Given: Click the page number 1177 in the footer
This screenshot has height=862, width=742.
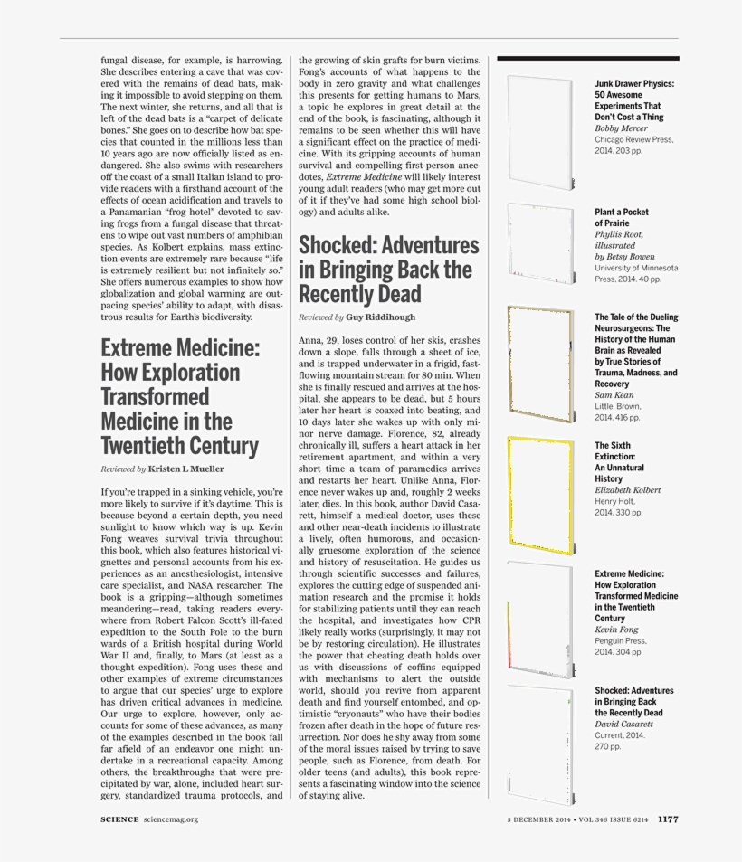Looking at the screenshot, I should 668,819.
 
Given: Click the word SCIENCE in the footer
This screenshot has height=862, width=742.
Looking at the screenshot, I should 119,819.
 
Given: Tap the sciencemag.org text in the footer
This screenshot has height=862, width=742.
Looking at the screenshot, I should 170,819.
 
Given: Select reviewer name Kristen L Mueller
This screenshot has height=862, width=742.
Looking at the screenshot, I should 185,469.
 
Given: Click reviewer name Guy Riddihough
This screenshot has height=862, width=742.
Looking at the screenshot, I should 381,318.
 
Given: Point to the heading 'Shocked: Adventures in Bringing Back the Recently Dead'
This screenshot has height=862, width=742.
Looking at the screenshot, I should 389,270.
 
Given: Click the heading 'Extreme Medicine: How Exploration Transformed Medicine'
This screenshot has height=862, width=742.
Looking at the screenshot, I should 180,397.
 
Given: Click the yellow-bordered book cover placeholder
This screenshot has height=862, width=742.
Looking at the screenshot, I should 540,496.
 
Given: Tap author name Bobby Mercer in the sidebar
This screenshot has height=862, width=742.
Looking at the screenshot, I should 621,128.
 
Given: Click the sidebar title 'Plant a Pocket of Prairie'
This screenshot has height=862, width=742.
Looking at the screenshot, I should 621,217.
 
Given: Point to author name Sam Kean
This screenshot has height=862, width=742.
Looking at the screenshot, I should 614,395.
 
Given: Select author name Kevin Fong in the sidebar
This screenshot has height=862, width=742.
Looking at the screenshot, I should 617,629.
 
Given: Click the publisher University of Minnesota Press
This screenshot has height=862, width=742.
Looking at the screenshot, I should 636,273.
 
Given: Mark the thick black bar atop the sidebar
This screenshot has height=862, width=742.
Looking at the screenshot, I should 587,59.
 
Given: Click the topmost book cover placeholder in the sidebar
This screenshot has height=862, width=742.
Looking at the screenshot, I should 540,132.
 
